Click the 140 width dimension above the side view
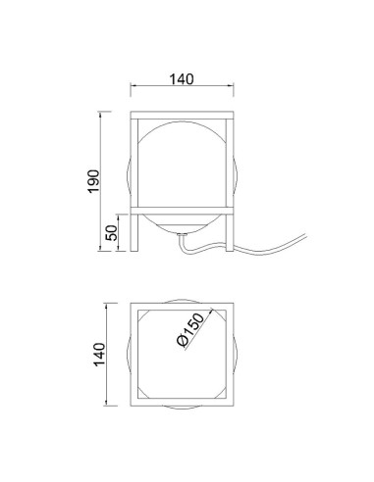[182, 79]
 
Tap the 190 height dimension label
[93, 181]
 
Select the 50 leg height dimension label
[112, 233]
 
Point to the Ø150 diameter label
[190, 329]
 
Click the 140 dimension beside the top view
[100, 355]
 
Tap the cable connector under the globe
[182, 234]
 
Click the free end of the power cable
[305, 235]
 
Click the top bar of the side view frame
[182, 116]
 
